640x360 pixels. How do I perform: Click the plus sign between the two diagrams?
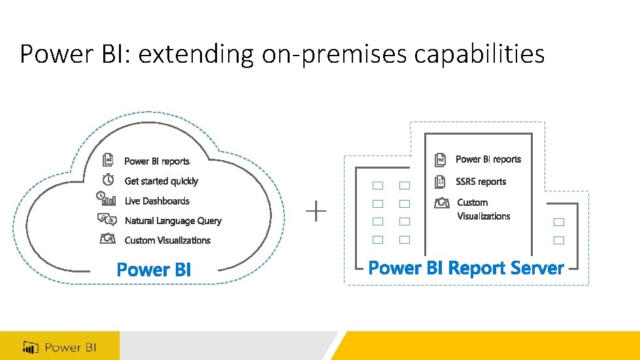(316, 212)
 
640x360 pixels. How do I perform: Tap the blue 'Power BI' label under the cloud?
(154, 269)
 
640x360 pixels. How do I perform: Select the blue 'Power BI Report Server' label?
(465, 268)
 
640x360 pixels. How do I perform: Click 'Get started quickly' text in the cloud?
(161, 181)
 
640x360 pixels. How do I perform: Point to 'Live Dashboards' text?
(157, 201)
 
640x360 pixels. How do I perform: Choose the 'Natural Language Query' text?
(173, 221)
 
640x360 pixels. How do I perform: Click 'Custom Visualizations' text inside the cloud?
(167, 240)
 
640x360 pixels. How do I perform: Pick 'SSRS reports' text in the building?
(480, 182)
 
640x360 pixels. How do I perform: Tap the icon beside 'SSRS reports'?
(441, 181)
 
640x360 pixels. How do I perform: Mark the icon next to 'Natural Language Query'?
(107, 220)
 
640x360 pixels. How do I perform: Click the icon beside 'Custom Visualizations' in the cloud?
(108, 239)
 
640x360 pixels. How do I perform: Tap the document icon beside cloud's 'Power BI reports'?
(108, 160)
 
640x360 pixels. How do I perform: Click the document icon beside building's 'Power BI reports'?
(441, 159)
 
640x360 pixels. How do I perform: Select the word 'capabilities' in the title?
(479, 54)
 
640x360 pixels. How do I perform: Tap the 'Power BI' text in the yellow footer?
(71, 347)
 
